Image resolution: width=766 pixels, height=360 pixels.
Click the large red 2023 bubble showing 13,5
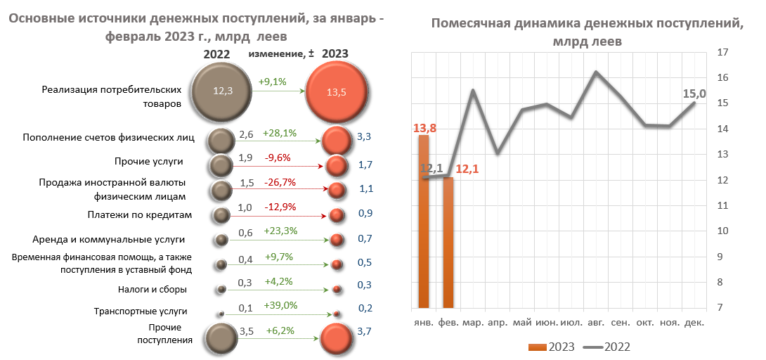(x=337, y=91)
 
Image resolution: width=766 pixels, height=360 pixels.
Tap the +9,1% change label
(x=273, y=82)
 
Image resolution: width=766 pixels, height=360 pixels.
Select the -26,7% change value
(x=280, y=182)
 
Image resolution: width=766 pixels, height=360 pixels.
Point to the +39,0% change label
(x=280, y=305)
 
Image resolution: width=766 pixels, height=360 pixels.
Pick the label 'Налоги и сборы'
(x=152, y=289)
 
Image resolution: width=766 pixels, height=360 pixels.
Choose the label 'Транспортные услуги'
(x=141, y=311)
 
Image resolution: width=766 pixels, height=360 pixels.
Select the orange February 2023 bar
(x=448, y=243)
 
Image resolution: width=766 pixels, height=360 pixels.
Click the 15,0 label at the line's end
(x=694, y=94)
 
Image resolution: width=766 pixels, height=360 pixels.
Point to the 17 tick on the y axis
(x=721, y=52)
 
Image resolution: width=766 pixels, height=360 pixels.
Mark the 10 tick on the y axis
(x=721, y=231)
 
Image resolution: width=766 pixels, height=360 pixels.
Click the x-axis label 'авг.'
(x=596, y=323)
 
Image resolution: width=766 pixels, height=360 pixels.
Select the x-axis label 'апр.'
(x=498, y=323)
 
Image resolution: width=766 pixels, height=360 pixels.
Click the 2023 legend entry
(x=552, y=347)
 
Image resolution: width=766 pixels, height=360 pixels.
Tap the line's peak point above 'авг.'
(x=596, y=72)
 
